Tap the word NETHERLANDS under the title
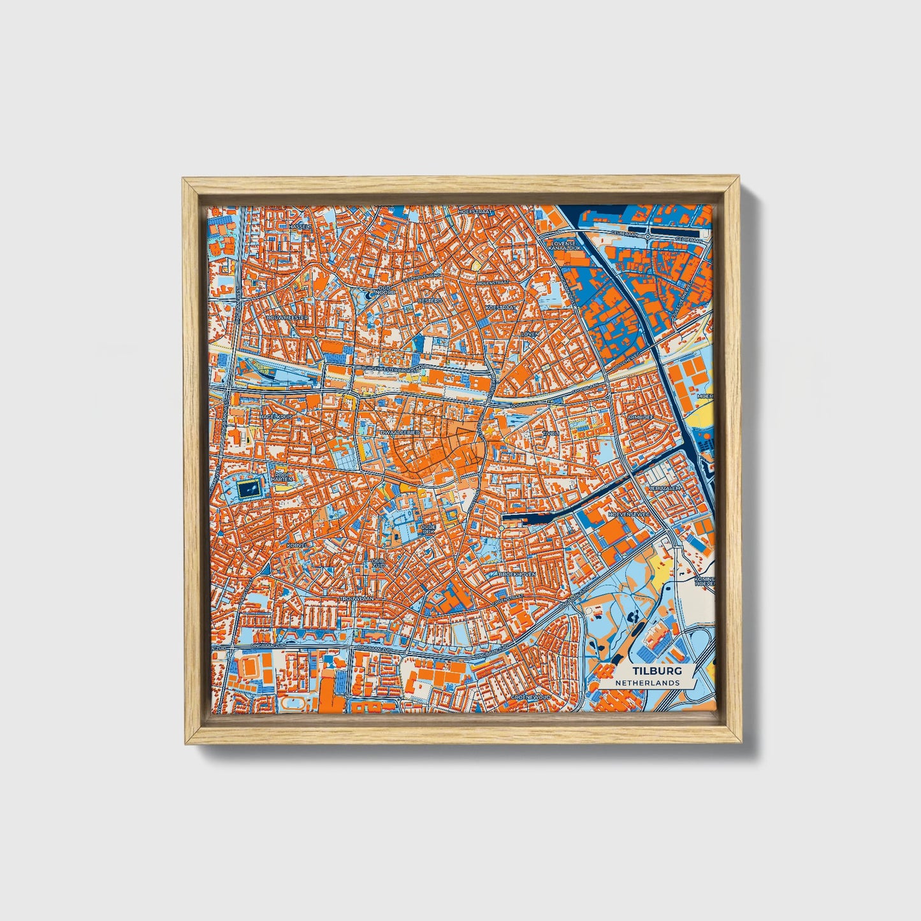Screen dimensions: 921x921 (647, 683)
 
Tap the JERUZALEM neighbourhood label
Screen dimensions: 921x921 (664, 488)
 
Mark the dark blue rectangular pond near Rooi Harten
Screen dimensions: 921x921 (249, 490)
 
